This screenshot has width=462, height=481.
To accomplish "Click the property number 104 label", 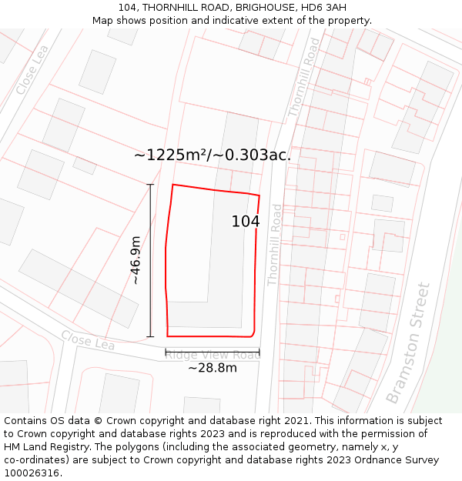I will click(246, 222).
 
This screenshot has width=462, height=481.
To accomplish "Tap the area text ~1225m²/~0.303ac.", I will click(213, 155).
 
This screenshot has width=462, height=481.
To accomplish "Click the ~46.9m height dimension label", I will click(136, 260).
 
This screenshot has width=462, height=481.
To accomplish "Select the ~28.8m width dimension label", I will click(213, 368).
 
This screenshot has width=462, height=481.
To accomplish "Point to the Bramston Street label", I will click(408, 343).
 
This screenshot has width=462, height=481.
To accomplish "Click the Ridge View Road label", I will click(213, 355).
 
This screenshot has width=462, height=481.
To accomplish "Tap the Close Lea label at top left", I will click(33, 70).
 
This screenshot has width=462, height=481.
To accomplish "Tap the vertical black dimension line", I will click(150, 260).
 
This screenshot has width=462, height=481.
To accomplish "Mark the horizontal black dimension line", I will click(213, 352).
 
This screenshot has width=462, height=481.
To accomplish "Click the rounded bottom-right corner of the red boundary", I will click(253, 333).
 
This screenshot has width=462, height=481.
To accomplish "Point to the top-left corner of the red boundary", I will click(172, 185).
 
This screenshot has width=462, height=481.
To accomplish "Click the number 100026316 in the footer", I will click(32, 473).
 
